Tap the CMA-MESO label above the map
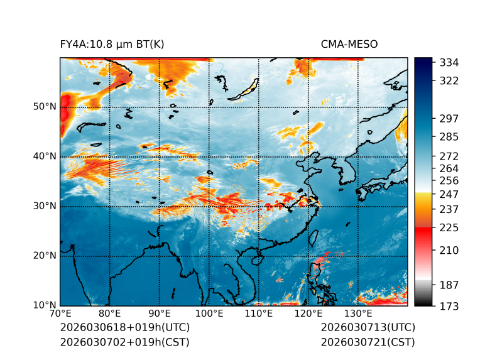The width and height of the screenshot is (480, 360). pos(349,44)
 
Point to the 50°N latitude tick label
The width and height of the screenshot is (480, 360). pos(45,107)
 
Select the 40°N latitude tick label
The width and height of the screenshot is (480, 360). pos(45,156)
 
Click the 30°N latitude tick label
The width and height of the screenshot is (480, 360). pos(45,206)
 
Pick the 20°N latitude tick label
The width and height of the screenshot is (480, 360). pos(45,256)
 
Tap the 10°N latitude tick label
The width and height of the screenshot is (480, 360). pos(45,305)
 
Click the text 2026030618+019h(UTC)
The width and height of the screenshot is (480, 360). pos(124,328)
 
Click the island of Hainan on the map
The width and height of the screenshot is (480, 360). pos(256,259)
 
